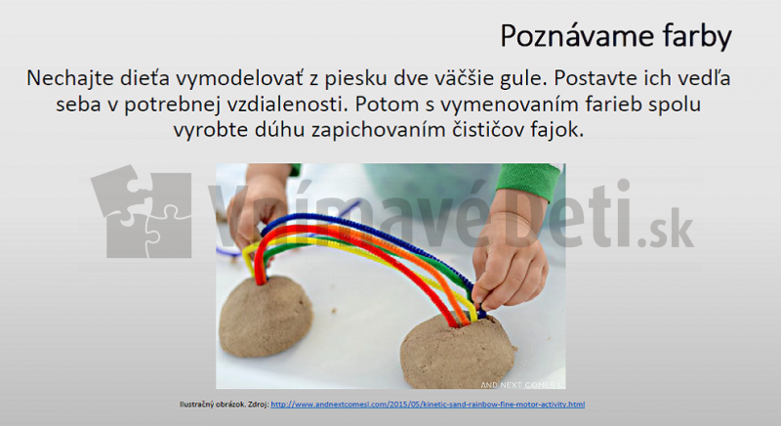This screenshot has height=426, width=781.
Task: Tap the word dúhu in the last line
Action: click(262, 129)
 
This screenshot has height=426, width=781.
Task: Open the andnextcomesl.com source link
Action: click(428, 404)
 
